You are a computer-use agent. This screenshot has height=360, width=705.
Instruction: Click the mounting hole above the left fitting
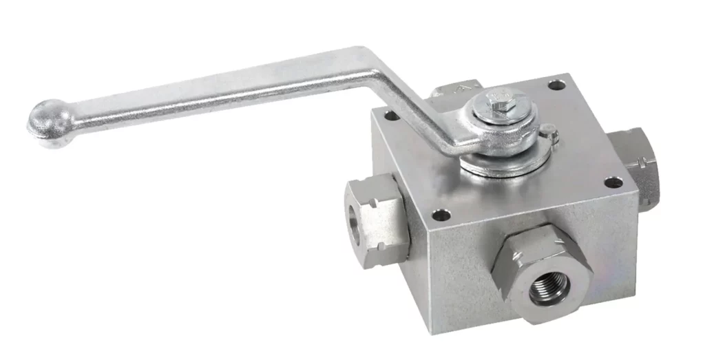click(x=390, y=116)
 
